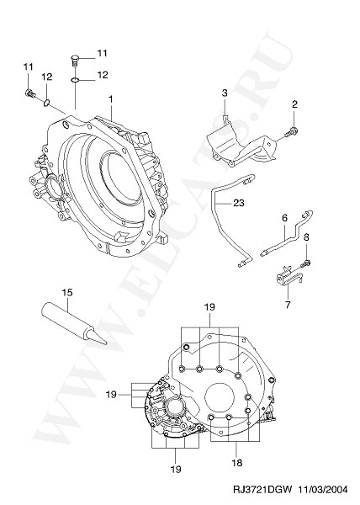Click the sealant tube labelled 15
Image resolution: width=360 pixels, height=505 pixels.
73,323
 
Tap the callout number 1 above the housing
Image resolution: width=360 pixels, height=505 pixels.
111,99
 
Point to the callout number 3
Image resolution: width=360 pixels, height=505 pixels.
225,93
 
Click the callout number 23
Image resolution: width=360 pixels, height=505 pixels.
239,203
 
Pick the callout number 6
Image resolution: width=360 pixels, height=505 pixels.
284,218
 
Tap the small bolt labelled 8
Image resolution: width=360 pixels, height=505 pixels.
306,263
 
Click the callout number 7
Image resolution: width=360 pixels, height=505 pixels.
288,305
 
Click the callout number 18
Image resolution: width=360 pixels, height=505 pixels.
237,463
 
